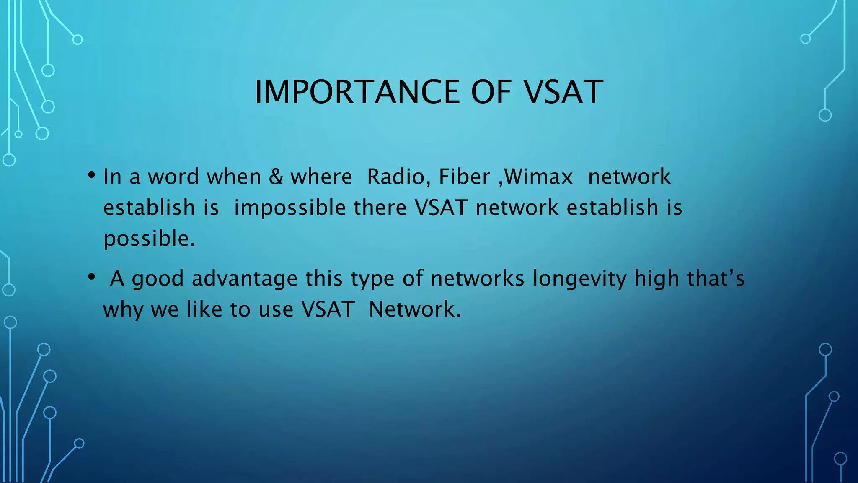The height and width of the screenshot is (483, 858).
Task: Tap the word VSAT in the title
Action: coord(563,92)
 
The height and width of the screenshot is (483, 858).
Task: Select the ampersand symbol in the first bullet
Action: coord(276,177)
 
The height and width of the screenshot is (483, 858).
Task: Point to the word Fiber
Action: coord(464,177)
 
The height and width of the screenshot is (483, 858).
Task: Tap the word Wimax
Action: coord(538,177)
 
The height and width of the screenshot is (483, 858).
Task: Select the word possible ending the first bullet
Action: coord(149,239)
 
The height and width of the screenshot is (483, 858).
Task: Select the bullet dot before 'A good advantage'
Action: coord(92,277)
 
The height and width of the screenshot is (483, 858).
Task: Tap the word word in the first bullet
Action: coord(173,177)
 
